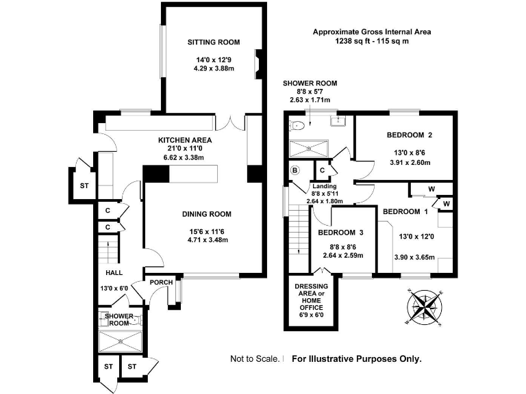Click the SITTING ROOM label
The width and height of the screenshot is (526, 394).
click(x=214, y=42)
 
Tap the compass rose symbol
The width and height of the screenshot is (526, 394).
click(x=425, y=307)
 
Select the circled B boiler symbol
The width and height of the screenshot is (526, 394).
click(x=295, y=170)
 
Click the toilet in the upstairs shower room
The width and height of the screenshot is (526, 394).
click(x=296, y=125)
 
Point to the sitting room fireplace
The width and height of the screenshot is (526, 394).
click(x=258, y=64)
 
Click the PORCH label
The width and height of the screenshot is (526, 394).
click(x=162, y=283)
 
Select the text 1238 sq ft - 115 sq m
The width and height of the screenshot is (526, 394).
click(x=372, y=41)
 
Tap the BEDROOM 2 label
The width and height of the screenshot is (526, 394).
click(x=410, y=135)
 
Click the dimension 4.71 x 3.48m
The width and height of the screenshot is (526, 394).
click(x=208, y=240)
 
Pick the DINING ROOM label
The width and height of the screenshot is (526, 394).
click(x=207, y=214)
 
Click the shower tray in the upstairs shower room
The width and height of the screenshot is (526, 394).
click(x=309, y=148)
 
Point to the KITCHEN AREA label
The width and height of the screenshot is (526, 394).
click(x=185, y=140)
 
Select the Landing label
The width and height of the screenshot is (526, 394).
click(x=325, y=186)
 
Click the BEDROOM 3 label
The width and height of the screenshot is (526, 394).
click(x=341, y=233)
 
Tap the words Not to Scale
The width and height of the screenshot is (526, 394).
click(x=255, y=359)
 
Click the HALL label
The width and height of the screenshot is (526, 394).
click(x=114, y=273)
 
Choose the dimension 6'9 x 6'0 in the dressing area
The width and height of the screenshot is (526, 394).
click(x=312, y=315)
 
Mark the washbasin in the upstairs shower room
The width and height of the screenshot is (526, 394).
click(x=338, y=121)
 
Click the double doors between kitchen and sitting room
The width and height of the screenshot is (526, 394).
click(x=230, y=122)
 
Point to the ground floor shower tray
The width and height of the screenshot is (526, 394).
click(x=121, y=341)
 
